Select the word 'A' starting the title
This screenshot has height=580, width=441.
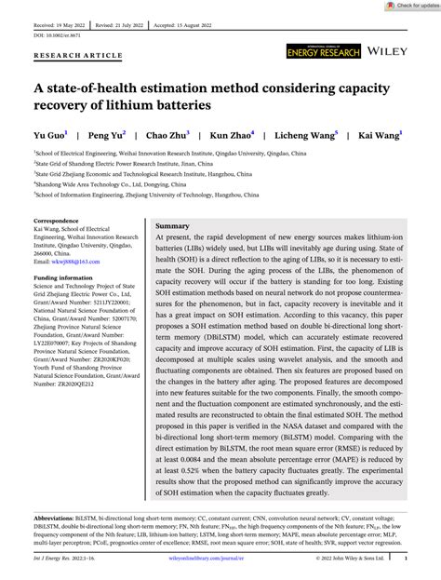40,88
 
